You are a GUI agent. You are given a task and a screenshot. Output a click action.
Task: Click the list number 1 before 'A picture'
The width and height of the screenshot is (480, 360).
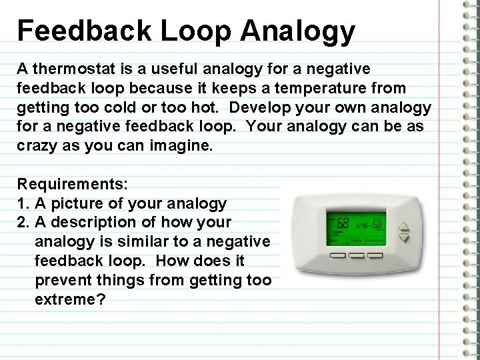pos(21,203)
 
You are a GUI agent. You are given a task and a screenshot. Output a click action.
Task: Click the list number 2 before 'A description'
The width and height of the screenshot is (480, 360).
pos(21,222)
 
